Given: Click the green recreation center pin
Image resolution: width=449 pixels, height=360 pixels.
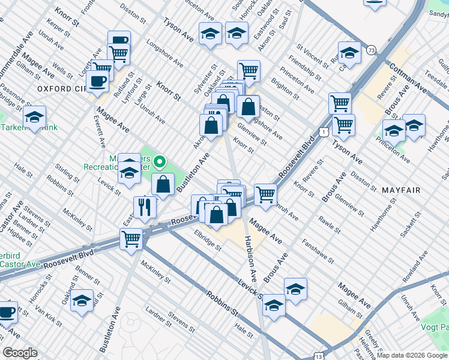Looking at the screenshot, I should tap(160, 162).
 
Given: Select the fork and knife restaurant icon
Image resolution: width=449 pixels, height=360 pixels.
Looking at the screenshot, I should tap(145, 206).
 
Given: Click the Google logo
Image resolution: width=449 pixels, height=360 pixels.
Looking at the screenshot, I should tap(20, 353).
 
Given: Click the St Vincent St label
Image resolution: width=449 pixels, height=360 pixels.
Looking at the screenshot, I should tap(314, 53).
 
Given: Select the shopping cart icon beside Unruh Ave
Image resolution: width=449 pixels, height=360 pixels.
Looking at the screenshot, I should tap(265, 193).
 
